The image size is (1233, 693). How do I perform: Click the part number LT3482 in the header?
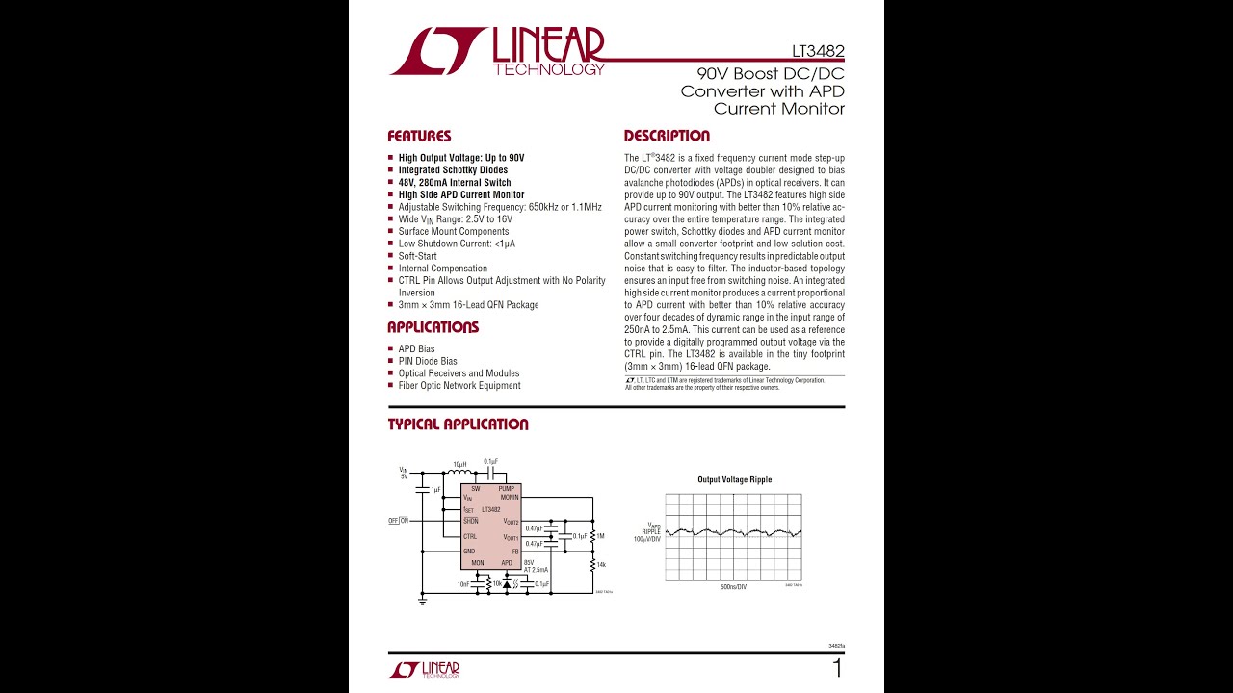pos(818,51)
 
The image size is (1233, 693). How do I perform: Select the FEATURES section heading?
pos(419,137)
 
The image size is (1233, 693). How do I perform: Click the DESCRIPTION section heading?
pos(667,137)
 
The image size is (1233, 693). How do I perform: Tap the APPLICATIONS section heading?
pos(433,327)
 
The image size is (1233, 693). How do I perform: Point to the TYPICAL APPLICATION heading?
pos(458,424)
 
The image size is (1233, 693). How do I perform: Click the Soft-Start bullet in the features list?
pos(417,256)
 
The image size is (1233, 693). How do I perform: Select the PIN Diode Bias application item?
pos(428,361)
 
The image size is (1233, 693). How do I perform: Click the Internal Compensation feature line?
pos(442,269)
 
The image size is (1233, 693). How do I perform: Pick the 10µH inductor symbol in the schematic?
pos(460,473)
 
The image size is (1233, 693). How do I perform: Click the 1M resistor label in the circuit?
pos(600,536)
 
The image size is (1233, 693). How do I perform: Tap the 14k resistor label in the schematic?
pos(601,564)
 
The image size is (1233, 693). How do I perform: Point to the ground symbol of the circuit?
pos(422,601)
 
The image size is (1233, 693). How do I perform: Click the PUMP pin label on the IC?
pos(507,489)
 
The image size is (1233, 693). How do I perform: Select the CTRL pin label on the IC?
pos(470,537)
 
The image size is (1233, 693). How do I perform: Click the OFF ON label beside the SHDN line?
pos(399,521)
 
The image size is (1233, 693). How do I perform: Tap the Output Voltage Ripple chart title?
pos(734,479)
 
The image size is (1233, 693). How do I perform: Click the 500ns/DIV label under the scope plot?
pos(733,587)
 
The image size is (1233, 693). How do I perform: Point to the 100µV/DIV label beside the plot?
pos(646,539)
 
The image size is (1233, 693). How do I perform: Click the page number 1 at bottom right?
pos(837,669)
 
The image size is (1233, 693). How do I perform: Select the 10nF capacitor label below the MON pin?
pos(463,584)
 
